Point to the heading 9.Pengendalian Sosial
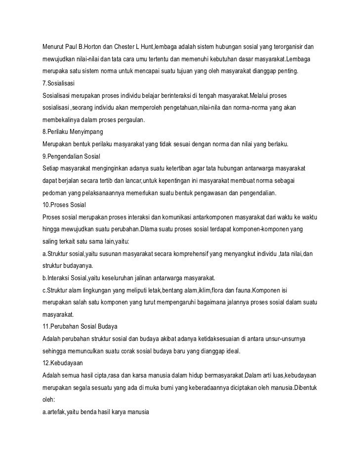pyautogui.click(x=72, y=156)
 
